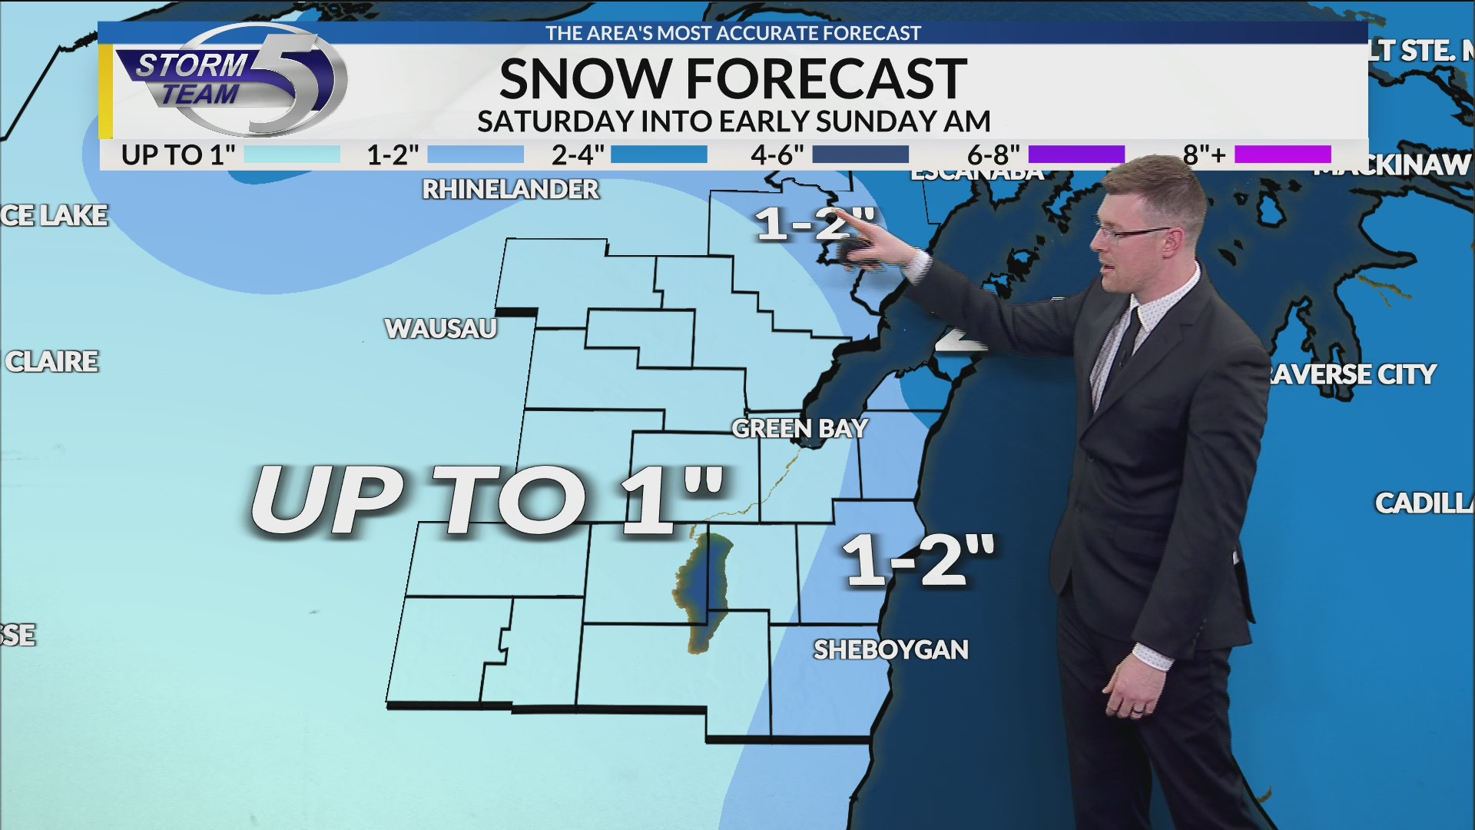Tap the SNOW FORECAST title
tap(733, 78)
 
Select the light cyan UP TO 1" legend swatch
tap(292, 154)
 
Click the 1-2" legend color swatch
tap(475, 154)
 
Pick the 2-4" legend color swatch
tap(658, 154)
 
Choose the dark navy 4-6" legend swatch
tap(860, 154)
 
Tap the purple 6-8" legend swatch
tap(1076, 154)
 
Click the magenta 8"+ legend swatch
tap(1282, 154)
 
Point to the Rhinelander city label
tap(510, 190)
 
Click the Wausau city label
tap(441, 329)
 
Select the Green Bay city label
tap(800, 429)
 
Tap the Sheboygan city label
tap(891, 650)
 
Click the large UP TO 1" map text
tap(487, 500)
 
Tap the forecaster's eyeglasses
tap(1129, 230)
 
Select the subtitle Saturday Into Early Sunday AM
tap(733, 121)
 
